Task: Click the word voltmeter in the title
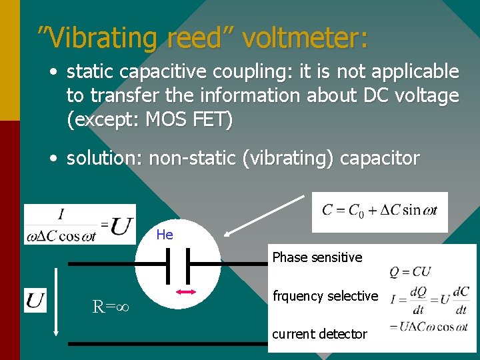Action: pos(305,38)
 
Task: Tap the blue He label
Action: pos(165,235)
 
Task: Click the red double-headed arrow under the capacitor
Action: pos(185,292)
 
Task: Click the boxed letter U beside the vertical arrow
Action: pos(35,301)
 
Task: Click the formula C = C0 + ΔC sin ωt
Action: pos(379,211)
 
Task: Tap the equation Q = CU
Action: pos(410,271)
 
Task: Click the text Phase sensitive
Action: pos(317,257)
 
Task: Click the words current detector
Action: pos(320,334)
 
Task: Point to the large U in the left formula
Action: pos(121,226)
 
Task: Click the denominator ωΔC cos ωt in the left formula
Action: pos(61,236)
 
